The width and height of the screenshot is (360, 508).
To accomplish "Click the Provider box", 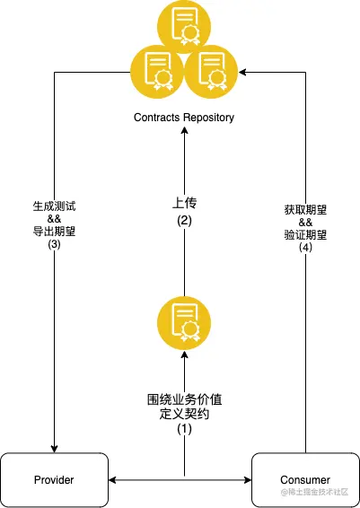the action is (54, 480).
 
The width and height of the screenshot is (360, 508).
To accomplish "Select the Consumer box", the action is (305, 480).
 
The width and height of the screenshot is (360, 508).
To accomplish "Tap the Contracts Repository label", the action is (184, 118).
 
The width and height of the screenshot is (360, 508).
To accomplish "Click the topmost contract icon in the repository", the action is (184, 27).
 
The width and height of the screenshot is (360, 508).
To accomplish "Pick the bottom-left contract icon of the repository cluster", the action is (157, 72).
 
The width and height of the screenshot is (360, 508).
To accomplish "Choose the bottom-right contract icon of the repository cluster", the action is (211, 72).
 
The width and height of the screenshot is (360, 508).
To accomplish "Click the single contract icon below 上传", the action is (184, 323).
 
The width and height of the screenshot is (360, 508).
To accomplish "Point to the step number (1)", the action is (184, 429).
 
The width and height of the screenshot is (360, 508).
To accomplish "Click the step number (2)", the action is (184, 221).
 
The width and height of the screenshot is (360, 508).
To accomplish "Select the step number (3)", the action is (54, 244).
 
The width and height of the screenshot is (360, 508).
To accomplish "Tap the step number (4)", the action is (305, 247).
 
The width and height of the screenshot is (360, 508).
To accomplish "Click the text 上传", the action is (184, 203).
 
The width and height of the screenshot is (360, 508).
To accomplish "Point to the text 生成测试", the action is (54, 206).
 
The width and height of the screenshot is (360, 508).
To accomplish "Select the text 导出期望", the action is (54, 232).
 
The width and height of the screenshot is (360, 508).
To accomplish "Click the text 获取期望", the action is (305, 210).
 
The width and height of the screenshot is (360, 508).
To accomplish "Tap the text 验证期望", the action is (305, 234).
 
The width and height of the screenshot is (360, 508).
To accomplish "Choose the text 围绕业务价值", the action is (184, 399).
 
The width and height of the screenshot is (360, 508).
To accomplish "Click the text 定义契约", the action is (184, 414).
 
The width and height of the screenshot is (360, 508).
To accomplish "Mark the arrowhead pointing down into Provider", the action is (54, 449).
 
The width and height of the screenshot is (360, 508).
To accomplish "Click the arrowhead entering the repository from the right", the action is (242, 72).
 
